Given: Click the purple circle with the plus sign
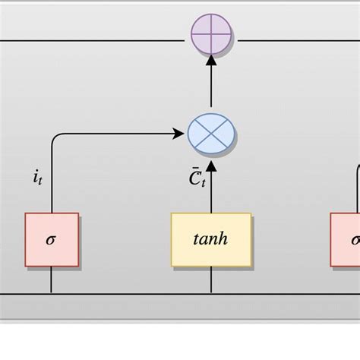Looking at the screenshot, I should click(212, 36).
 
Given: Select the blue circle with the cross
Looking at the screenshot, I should click(212, 134).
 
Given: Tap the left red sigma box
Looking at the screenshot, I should click(52, 239).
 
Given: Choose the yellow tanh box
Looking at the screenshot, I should click(211, 239).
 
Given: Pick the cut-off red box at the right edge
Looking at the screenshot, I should click(346, 239).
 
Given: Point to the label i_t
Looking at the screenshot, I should click(37, 178).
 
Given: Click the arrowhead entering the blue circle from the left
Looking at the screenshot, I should click(181, 134).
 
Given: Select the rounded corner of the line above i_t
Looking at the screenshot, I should click(55, 138).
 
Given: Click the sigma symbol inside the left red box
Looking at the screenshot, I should click(51, 240).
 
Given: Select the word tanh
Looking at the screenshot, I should click(211, 239).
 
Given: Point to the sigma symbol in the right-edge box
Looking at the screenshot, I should click(355, 240).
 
